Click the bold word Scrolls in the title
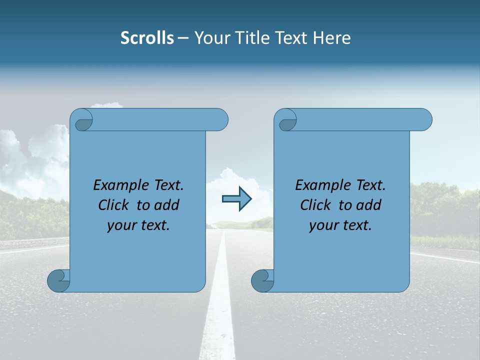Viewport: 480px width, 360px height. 147,38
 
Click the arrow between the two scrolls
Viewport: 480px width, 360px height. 236,199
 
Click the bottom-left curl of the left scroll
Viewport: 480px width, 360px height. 59,280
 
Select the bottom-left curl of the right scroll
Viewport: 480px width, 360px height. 262,280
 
